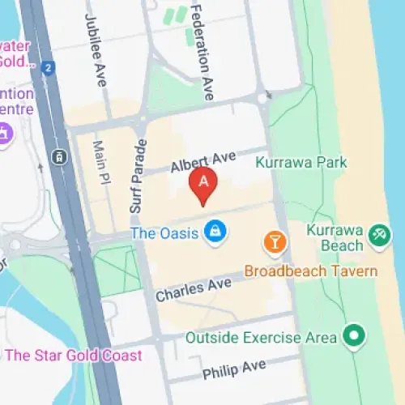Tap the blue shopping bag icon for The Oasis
tap(215, 231)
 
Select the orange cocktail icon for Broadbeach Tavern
tap(275, 241)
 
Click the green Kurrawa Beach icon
tap(377, 236)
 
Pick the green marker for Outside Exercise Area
tap(353, 335)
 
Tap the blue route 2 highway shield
tap(49, 68)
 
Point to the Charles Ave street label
tap(194, 288)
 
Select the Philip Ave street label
tap(234, 369)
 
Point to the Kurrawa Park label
tap(301, 163)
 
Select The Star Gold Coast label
tap(73, 355)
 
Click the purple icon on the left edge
tap(4, 132)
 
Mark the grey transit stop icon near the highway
tap(58, 156)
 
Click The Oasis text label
tap(165, 233)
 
